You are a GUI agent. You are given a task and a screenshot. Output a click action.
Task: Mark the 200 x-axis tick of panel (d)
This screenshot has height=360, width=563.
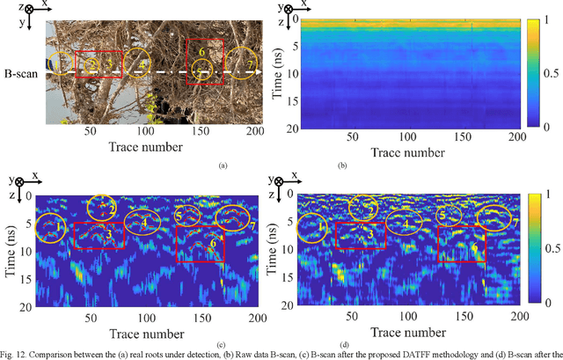(515, 314)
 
